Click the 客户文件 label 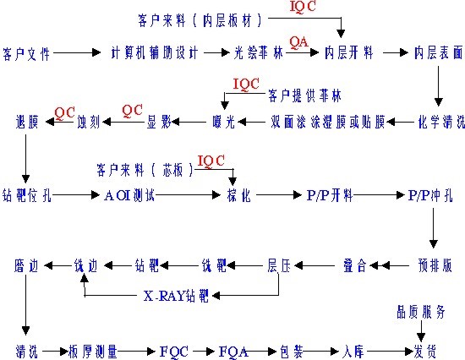click(27, 53)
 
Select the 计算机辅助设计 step click(156, 53)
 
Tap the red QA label click(298, 41)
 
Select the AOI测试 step click(129, 195)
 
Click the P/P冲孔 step click(431, 195)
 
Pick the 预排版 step click(435, 265)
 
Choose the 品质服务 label click(420, 310)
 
